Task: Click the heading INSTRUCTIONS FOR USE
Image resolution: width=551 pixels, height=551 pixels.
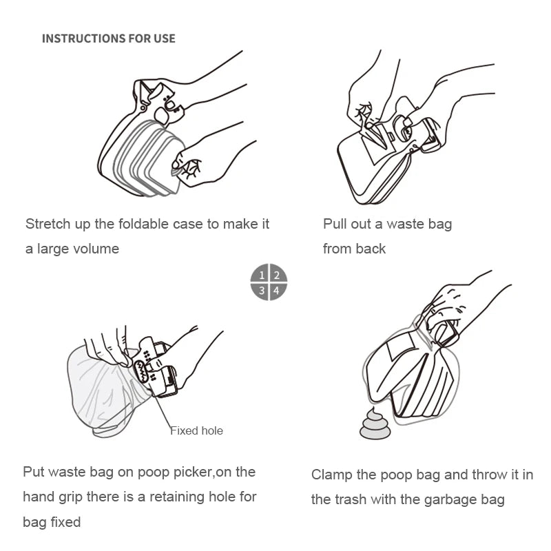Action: point(108,39)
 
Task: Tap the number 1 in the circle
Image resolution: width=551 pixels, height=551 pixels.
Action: point(261,275)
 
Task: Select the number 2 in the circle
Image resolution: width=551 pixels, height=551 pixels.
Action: point(276,275)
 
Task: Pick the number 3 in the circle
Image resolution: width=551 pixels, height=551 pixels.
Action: point(261,291)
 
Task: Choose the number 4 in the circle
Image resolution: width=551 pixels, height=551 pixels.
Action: point(276,291)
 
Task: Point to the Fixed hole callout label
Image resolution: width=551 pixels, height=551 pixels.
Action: point(197,430)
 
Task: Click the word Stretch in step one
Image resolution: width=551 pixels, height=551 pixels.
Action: point(48,224)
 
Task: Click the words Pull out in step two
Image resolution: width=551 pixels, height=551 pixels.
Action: point(345,224)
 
